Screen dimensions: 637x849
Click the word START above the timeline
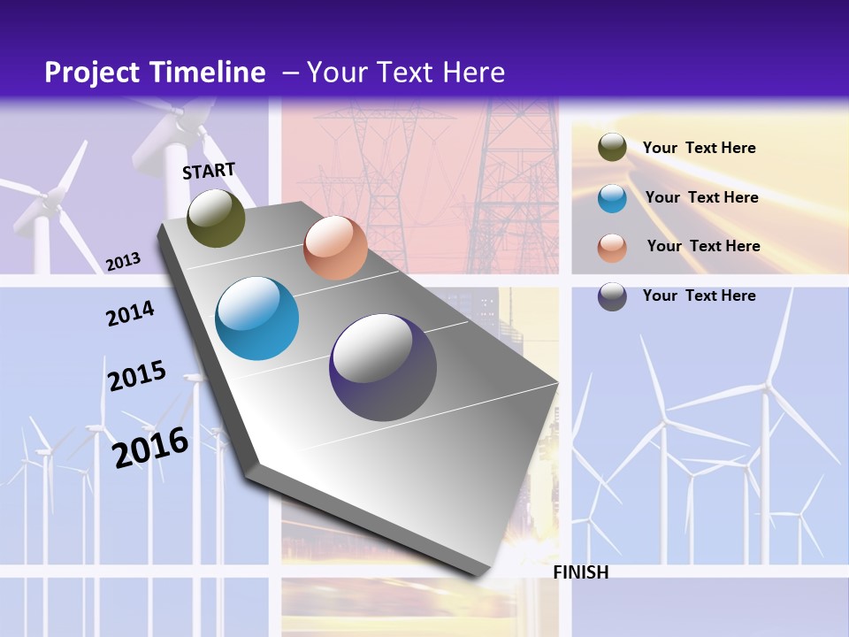pyautogui.click(x=209, y=171)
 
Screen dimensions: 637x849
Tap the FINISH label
pyautogui.click(x=581, y=572)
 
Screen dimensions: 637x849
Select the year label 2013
pyautogui.click(x=123, y=262)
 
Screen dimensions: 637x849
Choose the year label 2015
pyautogui.click(x=137, y=376)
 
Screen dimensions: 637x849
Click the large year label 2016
pyautogui.click(x=150, y=447)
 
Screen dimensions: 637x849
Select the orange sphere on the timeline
pyautogui.click(x=335, y=248)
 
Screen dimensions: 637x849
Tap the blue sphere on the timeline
pyautogui.click(x=257, y=318)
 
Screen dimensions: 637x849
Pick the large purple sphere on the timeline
pyautogui.click(x=383, y=367)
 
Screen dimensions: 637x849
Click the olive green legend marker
pyautogui.click(x=612, y=148)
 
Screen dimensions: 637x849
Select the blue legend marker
pyautogui.click(x=612, y=198)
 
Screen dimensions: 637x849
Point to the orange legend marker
pyautogui.click(x=612, y=248)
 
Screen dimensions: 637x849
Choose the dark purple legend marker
pyautogui.click(x=612, y=296)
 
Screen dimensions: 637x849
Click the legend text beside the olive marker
pyautogui.click(x=700, y=148)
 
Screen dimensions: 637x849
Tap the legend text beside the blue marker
pyautogui.click(x=702, y=197)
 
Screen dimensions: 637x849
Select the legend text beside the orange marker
pyautogui.click(x=704, y=246)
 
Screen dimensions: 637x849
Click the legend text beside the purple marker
pyautogui.click(x=700, y=295)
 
